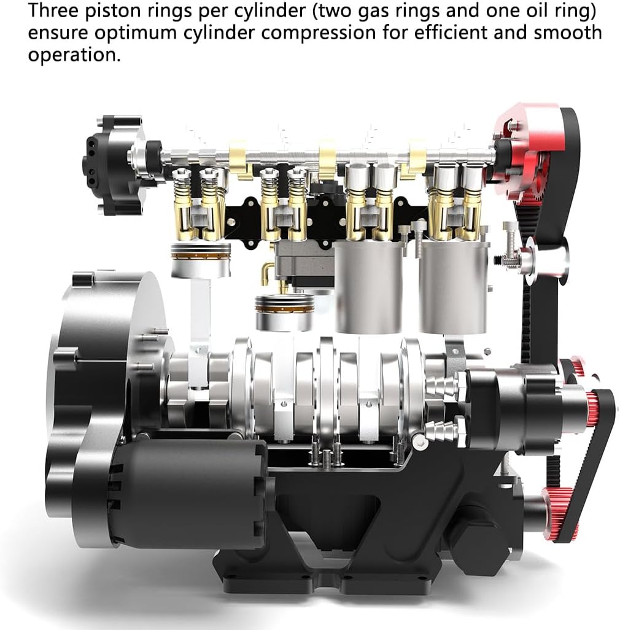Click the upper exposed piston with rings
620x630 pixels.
coord(201,260)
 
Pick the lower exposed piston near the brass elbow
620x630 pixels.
coord(284,313)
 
